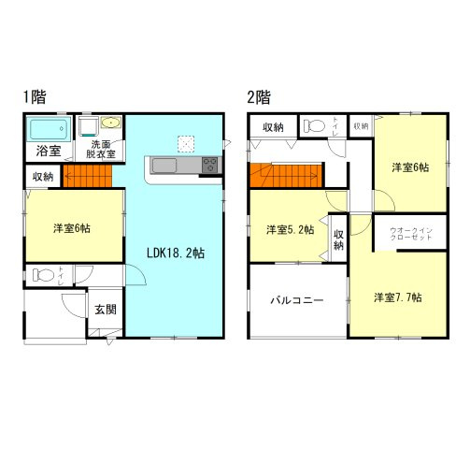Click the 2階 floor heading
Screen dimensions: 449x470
258,95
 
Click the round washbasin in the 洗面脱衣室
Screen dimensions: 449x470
110,122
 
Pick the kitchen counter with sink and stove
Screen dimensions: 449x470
182,166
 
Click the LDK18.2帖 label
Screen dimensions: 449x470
175,251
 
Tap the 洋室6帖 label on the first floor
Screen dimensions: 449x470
72,227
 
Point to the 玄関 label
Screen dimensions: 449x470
104,310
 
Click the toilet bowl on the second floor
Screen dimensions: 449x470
315,124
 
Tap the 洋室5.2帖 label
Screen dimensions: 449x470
287,229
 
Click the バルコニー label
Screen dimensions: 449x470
297,300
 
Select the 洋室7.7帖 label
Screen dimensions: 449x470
397,297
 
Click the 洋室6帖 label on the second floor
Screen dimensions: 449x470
410,167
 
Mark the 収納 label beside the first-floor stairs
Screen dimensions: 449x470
43,176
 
